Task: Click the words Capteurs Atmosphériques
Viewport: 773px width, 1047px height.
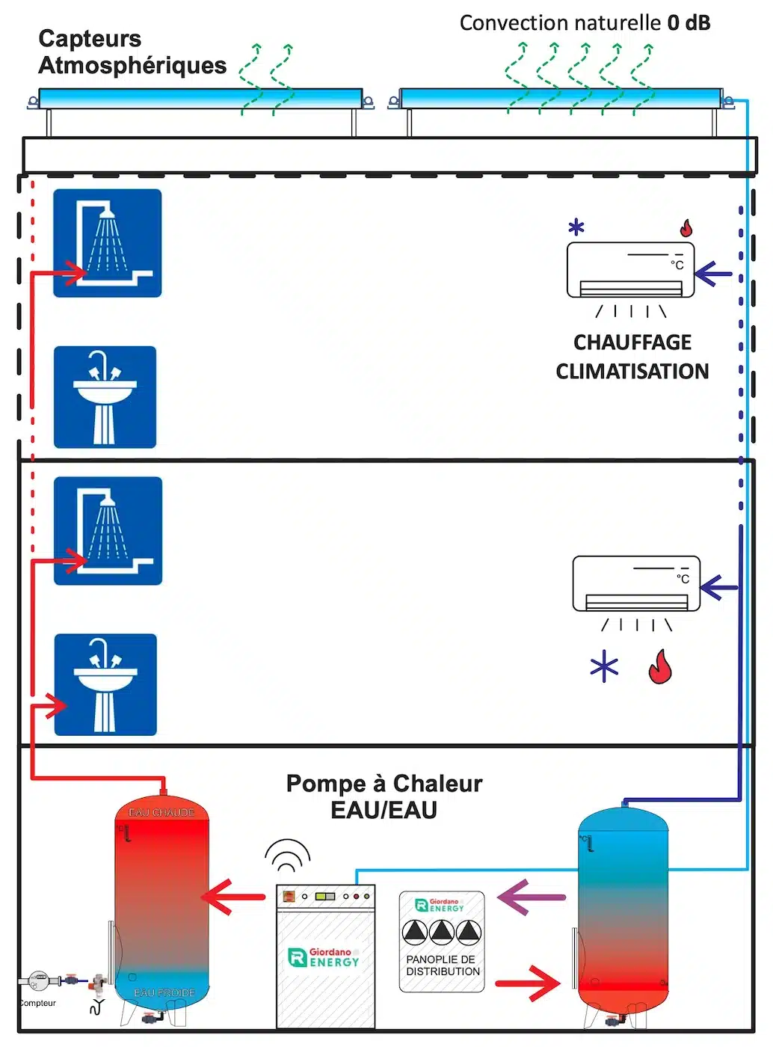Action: click(x=132, y=52)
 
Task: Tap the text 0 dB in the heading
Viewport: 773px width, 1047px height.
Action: click(x=688, y=23)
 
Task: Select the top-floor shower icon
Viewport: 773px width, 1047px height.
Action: click(x=108, y=243)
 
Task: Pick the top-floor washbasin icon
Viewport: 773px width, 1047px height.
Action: click(x=105, y=397)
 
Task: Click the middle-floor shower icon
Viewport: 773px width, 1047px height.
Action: click(x=108, y=531)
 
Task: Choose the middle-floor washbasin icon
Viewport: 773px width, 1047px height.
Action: click(x=105, y=684)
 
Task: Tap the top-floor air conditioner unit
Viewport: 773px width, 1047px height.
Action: click(x=630, y=270)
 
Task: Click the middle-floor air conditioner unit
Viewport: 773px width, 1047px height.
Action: click(x=635, y=584)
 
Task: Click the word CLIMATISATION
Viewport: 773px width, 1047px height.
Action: click(x=632, y=371)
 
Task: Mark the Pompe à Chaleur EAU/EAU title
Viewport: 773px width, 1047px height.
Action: click(x=384, y=796)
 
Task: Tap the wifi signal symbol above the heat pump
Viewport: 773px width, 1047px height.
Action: click(x=287, y=855)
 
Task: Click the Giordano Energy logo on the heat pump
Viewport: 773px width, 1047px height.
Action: click(x=324, y=957)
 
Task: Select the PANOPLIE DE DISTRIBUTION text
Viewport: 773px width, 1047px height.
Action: click(x=443, y=965)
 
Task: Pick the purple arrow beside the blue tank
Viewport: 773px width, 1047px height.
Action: click(x=531, y=897)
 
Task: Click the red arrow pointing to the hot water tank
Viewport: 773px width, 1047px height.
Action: click(x=232, y=897)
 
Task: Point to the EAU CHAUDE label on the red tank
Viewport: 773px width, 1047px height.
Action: click(x=161, y=812)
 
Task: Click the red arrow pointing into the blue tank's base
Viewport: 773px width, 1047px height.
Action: click(x=527, y=983)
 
